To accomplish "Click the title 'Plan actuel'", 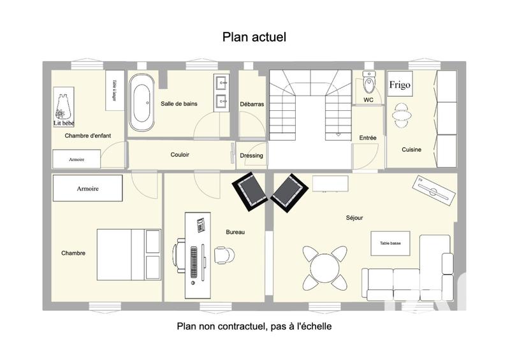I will coord(254,37).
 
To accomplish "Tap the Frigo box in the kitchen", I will coord(400,84).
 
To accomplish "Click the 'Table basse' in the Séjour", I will coord(390,243).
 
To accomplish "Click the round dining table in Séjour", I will coord(324,264).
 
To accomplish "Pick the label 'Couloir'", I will coord(180,155).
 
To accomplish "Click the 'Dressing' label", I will coord(251,155).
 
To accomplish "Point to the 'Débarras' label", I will coord(252,104).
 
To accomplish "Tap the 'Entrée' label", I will coord(368,138).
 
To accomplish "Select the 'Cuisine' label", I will coord(411,150).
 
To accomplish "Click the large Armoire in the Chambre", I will coord(87,189).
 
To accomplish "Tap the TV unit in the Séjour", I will coord(435,191).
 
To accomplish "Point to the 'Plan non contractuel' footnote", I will coord(254,326).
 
